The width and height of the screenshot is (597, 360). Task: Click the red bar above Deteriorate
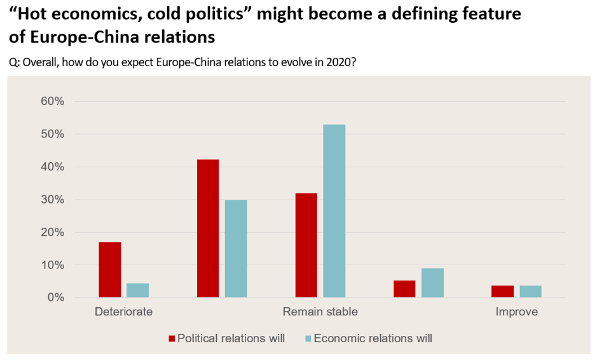[110, 270]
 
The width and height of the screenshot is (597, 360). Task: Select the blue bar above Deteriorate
[138, 290]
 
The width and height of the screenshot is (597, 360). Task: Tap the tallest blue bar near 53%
[334, 211]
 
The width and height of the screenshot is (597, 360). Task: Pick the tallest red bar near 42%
[208, 228]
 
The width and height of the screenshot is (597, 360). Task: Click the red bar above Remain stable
[306, 245]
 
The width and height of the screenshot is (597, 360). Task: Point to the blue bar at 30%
[237, 248]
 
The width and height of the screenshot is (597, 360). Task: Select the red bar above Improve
[502, 291]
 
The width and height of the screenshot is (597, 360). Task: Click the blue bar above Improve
[531, 291]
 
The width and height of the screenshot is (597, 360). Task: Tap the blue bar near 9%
[432, 282]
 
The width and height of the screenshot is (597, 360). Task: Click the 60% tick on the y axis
[52, 102]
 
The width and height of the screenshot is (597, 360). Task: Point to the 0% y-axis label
[55, 298]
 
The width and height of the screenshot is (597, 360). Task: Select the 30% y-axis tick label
[52, 200]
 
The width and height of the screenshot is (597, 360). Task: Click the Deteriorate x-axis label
[123, 312]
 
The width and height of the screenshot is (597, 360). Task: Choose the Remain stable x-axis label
[320, 312]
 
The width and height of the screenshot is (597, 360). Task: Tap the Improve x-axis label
[516, 312]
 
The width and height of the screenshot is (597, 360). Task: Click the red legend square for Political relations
[172, 338]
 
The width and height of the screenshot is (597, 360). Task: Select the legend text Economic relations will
[373, 338]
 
